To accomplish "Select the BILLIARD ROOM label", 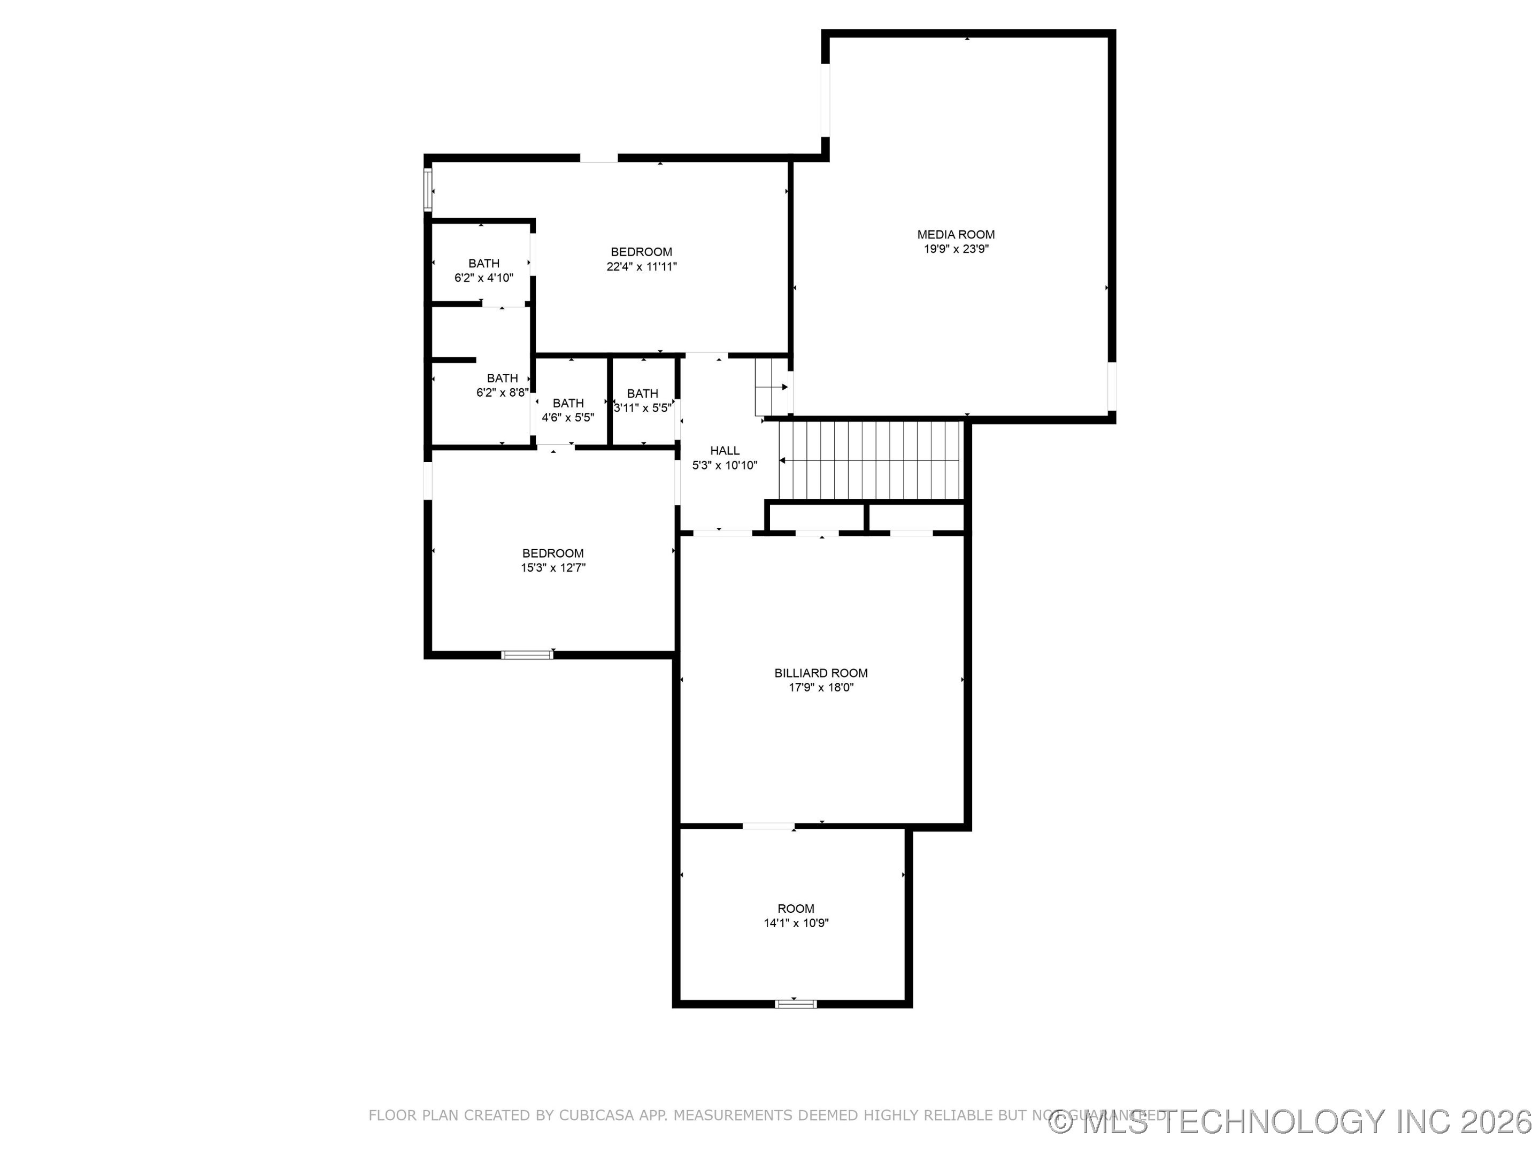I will (x=821, y=673).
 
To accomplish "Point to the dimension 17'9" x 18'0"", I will (x=821, y=688).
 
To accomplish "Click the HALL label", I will (x=725, y=450).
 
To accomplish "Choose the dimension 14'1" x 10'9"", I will (x=796, y=923).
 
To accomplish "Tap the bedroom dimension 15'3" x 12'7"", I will (x=553, y=568).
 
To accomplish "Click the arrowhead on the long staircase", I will (x=782, y=460).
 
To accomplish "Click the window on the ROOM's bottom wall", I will (x=795, y=1003).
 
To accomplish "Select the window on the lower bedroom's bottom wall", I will (x=527, y=654).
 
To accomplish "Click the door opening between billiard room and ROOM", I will (x=768, y=826).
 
